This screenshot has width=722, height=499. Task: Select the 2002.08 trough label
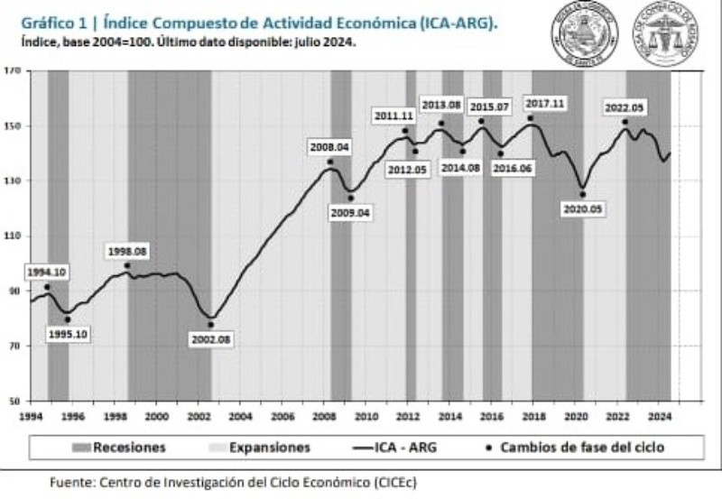click(211, 339)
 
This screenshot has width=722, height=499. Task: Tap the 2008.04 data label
click(329, 146)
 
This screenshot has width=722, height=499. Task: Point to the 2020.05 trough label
click(582, 208)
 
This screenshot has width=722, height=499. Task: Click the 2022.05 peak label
click(625, 107)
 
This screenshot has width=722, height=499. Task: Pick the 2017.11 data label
click(544, 104)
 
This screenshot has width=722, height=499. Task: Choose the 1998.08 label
click(127, 250)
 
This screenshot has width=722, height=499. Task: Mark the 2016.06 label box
click(513, 168)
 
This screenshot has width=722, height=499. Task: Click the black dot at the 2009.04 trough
click(350, 199)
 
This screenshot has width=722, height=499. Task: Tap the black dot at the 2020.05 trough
click(582, 194)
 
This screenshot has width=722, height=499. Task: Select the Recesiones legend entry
click(117, 447)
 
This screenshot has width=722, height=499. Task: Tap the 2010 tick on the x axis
click(366, 416)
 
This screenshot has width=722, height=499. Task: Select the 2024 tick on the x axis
click(659, 416)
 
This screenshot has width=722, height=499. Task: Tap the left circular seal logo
click(583, 33)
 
